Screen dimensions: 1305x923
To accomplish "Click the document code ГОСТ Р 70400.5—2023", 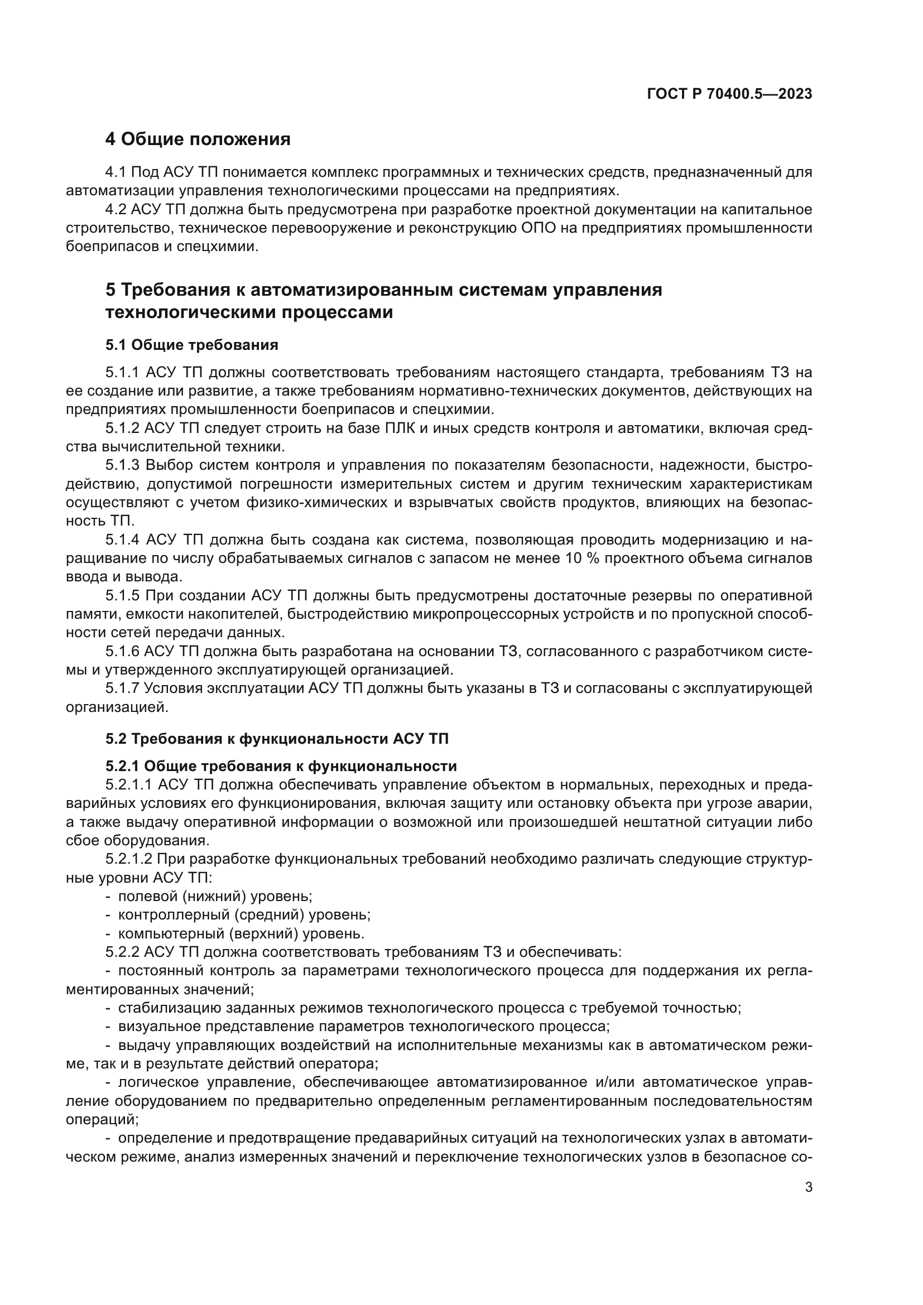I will pos(729,94).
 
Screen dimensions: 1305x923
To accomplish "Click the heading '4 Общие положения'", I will pos(198,139).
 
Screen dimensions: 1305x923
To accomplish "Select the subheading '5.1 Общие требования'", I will pos(191,345).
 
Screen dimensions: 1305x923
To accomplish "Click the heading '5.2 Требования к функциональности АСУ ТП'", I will pos(277,739).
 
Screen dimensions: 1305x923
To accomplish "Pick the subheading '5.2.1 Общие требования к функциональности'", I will pos(281,767).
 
